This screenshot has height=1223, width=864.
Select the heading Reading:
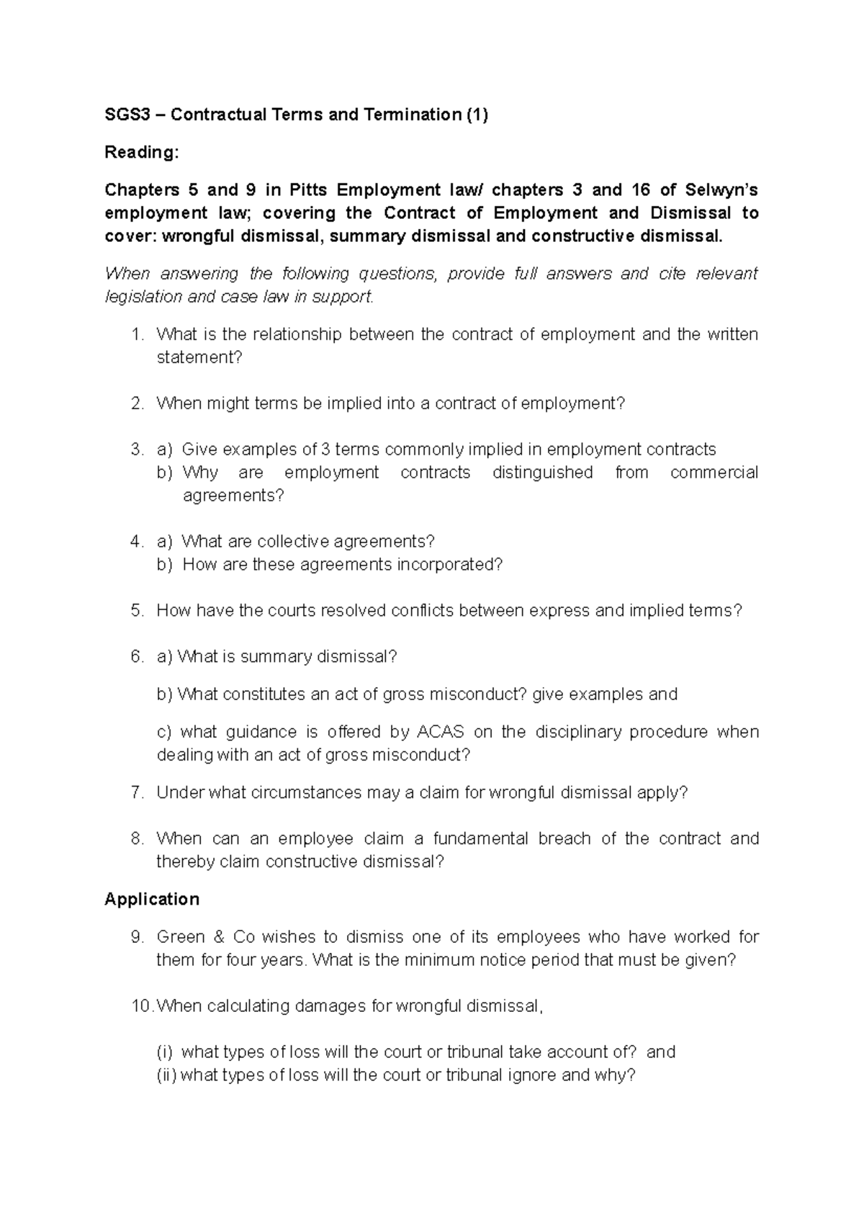(140, 153)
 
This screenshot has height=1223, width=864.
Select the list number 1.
(138, 334)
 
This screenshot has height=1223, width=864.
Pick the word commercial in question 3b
(714, 472)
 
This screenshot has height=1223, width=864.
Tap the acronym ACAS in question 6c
(440, 732)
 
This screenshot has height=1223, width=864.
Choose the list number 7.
(138, 792)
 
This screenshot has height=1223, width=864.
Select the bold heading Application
(152, 899)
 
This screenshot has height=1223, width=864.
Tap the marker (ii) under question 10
(166, 1075)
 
